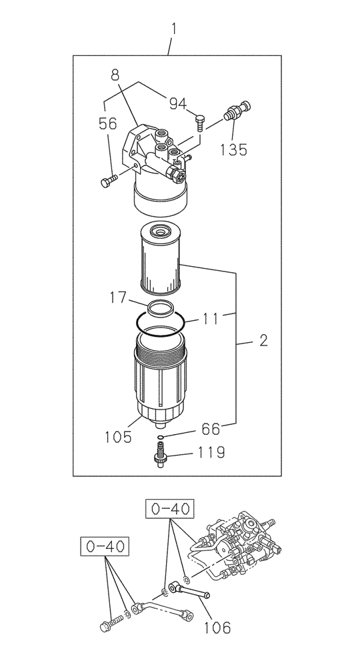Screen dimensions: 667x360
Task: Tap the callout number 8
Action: (x=115, y=75)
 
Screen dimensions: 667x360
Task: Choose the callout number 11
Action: (x=211, y=319)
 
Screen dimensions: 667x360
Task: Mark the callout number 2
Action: (x=263, y=342)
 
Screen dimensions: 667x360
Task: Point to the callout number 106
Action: (x=217, y=627)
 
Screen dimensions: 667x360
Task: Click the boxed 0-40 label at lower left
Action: (x=103, y=547)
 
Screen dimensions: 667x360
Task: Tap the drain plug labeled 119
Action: (x=159, y=455)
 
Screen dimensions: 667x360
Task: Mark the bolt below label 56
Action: (x=108, y=180)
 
